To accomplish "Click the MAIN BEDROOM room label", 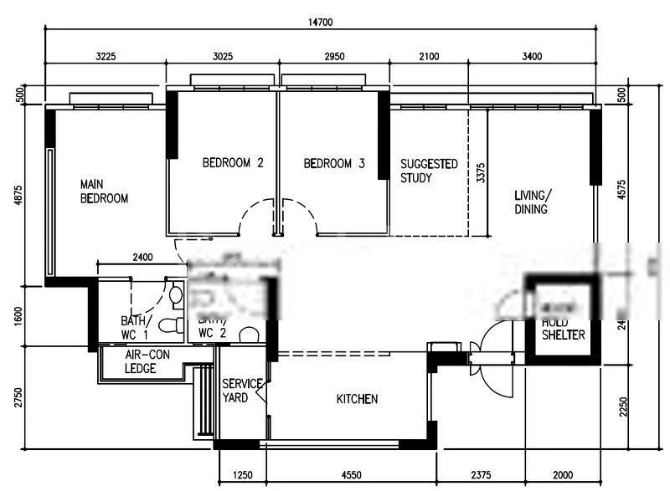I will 104,192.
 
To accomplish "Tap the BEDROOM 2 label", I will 233,164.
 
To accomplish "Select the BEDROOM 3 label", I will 334,164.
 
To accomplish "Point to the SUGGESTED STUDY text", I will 429,171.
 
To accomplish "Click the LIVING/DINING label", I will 531,202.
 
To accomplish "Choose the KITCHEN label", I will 357,400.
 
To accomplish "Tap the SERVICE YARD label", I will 240,391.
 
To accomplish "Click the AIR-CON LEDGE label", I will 147,361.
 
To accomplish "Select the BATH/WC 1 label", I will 135,328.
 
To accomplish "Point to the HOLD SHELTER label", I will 563,329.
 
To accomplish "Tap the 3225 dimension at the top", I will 104,57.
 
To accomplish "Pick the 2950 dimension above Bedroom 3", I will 334,57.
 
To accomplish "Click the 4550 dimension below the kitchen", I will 351,475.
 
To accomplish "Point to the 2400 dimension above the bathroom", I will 142,258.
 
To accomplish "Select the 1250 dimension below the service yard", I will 242,475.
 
